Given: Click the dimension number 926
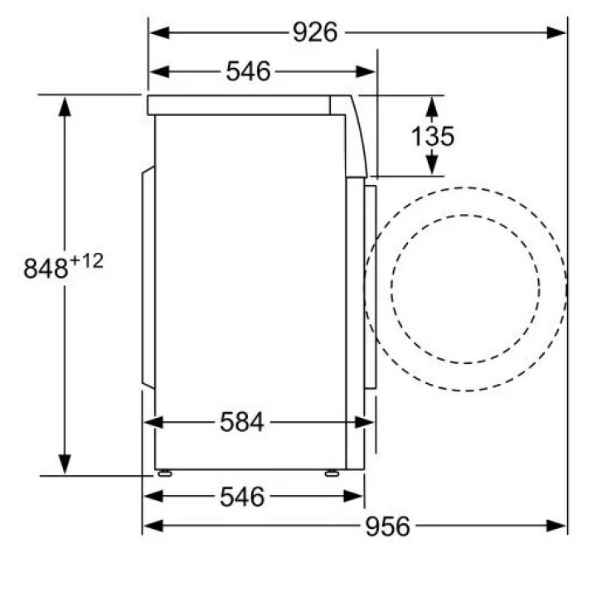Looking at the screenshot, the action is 315,32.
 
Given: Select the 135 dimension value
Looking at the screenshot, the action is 433,136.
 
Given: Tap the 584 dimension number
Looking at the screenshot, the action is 242,422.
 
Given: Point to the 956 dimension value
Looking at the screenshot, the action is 387,527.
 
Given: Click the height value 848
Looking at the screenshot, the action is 46,268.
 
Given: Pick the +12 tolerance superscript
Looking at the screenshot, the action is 87,261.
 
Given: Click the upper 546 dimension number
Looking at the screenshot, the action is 248,71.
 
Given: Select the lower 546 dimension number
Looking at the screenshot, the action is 242,497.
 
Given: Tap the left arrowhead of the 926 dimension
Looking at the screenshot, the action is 160,32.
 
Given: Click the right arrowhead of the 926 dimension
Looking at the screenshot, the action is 556,32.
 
